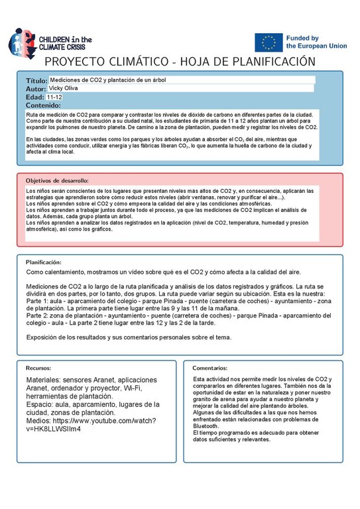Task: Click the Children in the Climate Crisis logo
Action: pyautogui.click(x=50, y=41)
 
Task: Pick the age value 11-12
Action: pyautogui.click(x=54, y=97)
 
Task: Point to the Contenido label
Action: pyautogui.click(x=43, y=105)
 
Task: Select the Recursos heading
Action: pyautogui.click(x=39, y=367)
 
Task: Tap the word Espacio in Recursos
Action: pyautogui.click(x=40, y=404)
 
